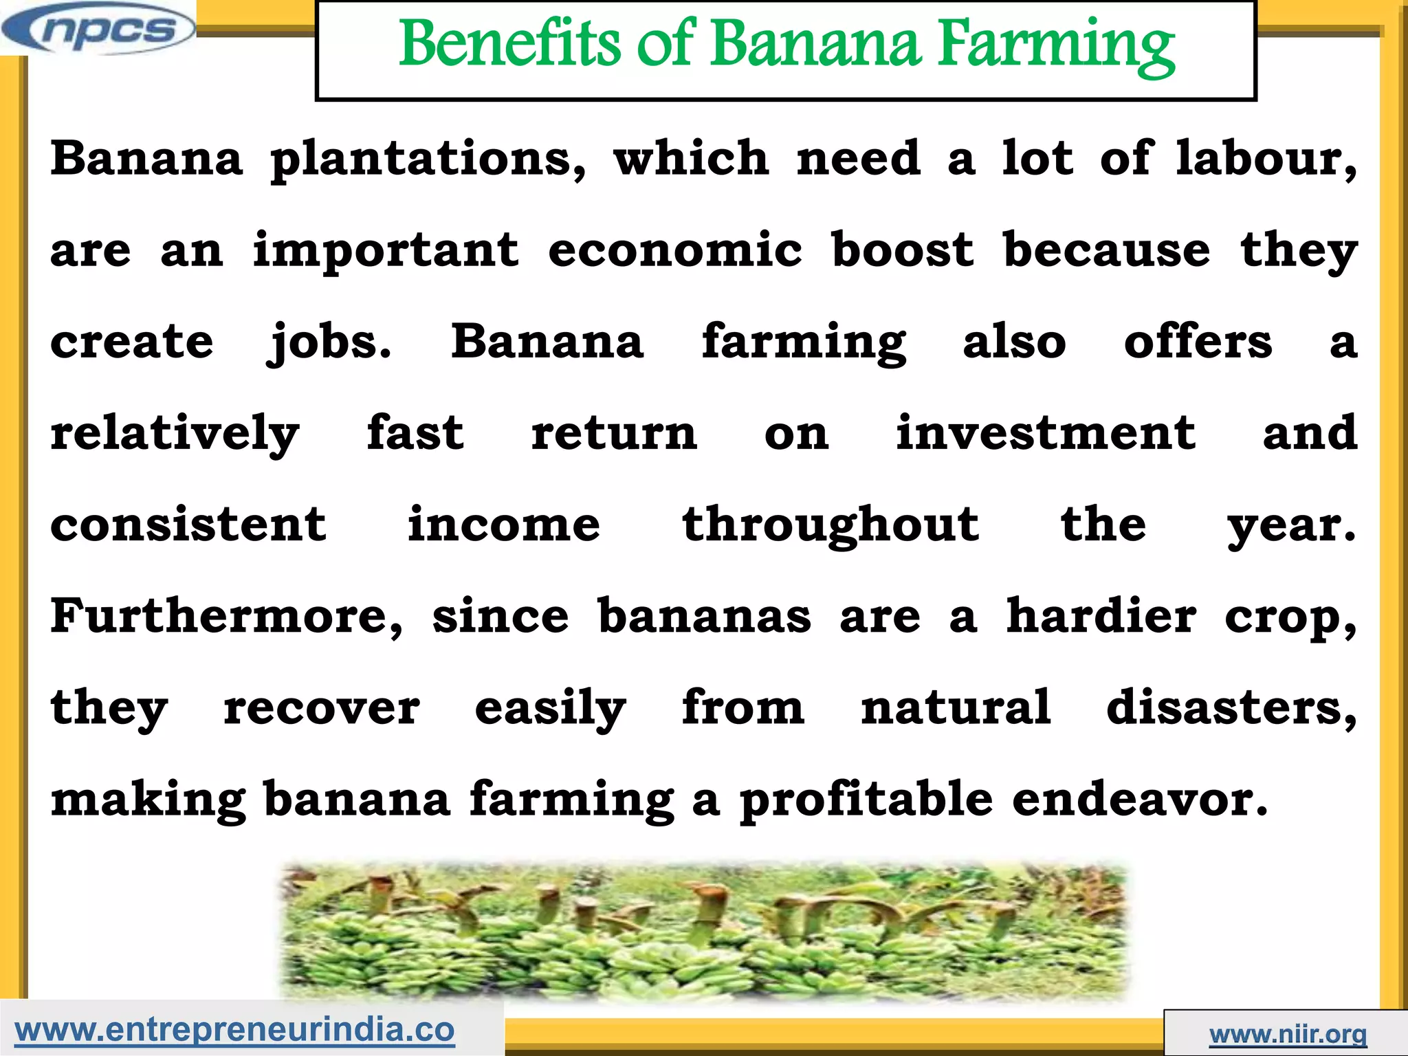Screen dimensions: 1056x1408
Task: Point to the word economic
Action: tap(674, 250)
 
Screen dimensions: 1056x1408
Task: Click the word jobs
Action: tap(329, 342)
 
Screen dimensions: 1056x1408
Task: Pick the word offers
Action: tap(1198, 342)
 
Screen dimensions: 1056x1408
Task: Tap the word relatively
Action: tap(175, 434)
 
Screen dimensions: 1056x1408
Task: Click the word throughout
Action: tap(830, 525)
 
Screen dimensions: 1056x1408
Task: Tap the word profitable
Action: tap(866, 800)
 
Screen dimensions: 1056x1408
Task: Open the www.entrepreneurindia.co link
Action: tap(234, 1030)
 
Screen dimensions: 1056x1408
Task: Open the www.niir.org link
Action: tap(1288, 1034)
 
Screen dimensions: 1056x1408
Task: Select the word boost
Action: tap(903, 250)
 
